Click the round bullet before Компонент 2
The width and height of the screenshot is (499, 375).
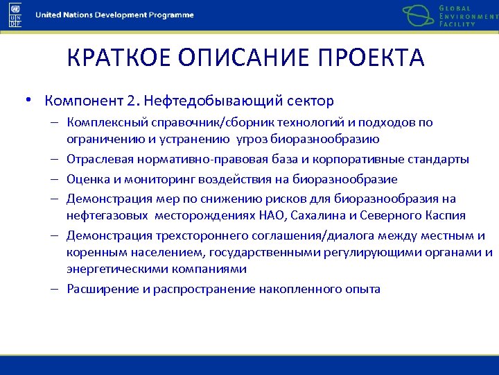pyautogui.click(x=28, y=101)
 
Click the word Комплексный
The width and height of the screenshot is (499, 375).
pyautogui.click(x=101, y=123)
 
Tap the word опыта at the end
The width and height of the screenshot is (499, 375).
pyautogui.click(x=365, y=289)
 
